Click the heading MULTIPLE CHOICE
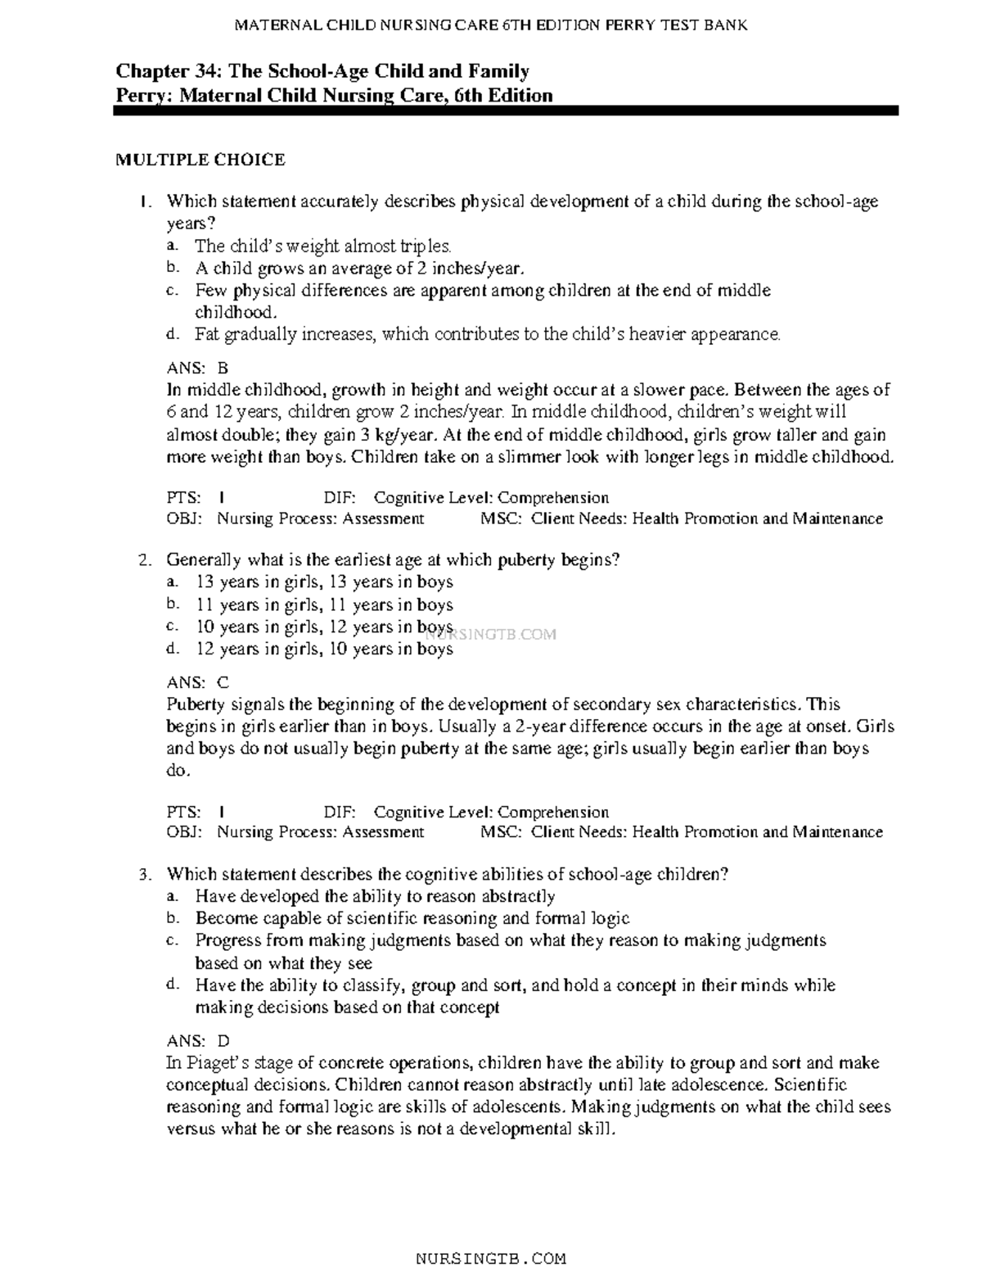200,160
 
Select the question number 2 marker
144,561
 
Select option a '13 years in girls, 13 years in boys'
324,582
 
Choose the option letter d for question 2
171,649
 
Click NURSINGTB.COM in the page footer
491,1258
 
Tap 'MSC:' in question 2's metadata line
501,832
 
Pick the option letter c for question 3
171,941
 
